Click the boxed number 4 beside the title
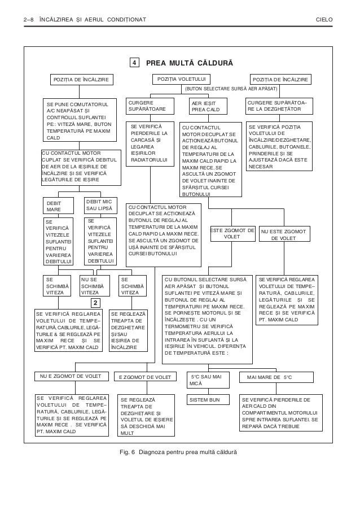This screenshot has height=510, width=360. click(x=134, y=62)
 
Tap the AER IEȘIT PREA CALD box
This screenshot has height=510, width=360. click(x=208, y=106)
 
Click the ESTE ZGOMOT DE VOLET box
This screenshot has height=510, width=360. click(x=232, y=234)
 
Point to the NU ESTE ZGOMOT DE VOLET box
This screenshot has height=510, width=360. click(x=284, y=234)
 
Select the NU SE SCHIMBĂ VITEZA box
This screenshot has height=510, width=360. click(x=93, y=286)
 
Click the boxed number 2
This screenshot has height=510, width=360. click(x=96, y=302)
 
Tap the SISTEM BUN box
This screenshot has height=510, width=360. click(x=208, y=400)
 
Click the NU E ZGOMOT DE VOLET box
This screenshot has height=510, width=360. click(x=71, y=377)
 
